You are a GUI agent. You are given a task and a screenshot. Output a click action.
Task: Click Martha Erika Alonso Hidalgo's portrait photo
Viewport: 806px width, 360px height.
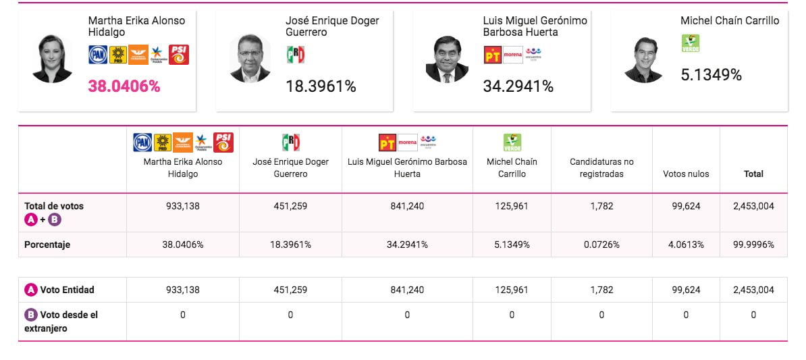point(52,59)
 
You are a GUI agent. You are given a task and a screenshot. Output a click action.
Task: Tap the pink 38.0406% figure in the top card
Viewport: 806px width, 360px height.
point(124,86)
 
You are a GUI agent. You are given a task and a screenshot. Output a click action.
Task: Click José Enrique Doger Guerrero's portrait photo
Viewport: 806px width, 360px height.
point(250,58)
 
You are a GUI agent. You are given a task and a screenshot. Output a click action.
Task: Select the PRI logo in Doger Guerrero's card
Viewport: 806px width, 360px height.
point(296,55)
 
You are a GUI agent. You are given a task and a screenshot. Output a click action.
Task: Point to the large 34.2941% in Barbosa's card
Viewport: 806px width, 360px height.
point(518,86)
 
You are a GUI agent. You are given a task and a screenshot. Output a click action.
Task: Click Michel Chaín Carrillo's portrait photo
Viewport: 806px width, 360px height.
point(643,59)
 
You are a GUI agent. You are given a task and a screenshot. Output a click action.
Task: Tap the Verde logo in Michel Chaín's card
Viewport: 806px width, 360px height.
point(691,43)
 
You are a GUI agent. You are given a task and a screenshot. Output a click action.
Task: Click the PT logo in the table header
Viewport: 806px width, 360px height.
point(387,143)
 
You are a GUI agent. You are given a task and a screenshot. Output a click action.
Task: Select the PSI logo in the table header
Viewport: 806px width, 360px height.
point(223,143)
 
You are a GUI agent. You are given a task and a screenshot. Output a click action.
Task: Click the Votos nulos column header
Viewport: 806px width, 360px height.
point(686,174)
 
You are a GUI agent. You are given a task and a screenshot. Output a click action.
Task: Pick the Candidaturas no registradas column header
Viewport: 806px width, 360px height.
point(601,168)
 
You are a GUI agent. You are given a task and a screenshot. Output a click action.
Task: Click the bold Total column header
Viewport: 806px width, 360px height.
point(753,174)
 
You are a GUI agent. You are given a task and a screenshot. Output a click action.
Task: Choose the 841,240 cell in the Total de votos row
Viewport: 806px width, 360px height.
point(407,206)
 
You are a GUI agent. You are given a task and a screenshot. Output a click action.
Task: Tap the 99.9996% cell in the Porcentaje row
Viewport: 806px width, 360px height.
point(753,245)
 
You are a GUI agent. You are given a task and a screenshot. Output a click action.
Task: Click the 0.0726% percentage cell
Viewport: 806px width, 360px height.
point(601,245)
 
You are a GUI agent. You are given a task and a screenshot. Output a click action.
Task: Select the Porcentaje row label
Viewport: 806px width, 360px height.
point(47,245)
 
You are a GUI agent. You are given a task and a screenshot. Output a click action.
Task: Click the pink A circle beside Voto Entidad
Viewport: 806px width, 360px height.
point(31,290)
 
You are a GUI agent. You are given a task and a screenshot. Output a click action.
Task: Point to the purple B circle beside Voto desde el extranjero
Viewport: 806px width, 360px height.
point(31,315)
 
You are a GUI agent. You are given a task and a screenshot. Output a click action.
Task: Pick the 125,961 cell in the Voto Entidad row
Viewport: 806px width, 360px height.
point(512,290)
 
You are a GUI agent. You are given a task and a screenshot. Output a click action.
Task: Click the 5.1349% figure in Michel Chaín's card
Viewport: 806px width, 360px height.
point(711,75)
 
